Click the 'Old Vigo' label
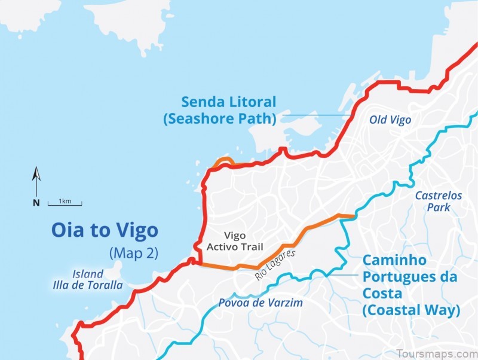pos(390,120)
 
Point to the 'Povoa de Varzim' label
pos(260,303)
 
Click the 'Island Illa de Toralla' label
pos(88,279)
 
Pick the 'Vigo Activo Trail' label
pos(234,241)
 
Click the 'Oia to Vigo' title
pos(105,230)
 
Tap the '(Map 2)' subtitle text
pos(133,252)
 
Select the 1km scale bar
pos(65,203)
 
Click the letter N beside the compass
pos(36,203)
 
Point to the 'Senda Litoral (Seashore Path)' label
pos(220,110)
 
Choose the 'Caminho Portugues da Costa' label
pos(410,285)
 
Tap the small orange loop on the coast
pos(225,161)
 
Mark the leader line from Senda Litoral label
pos(317,114)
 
